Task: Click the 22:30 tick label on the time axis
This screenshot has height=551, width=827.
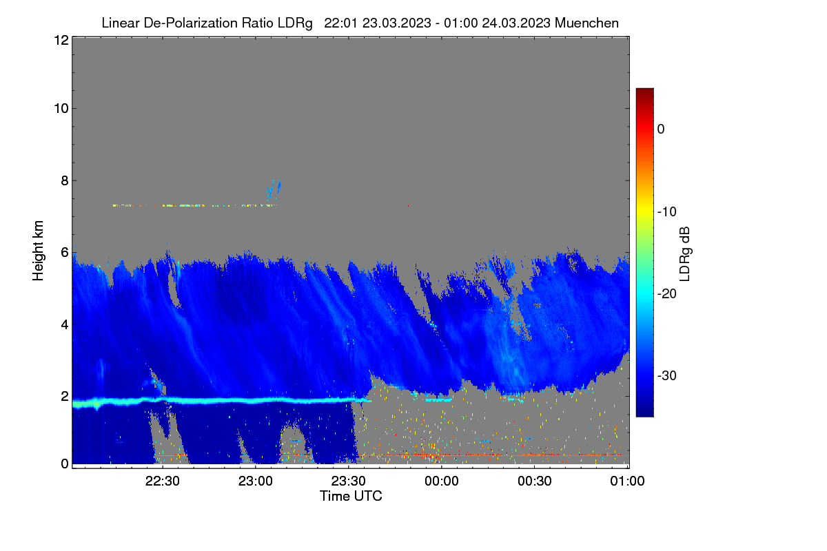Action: (162, 481)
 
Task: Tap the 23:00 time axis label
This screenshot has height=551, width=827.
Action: (255, 481)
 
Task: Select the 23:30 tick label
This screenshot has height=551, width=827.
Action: (348, 481)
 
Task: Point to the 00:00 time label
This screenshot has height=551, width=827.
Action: (442, 481)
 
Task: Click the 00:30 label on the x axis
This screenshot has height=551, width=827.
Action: (535, 481)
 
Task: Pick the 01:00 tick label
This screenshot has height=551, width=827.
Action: (627, 481)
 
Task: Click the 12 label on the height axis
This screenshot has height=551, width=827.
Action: (61, 40)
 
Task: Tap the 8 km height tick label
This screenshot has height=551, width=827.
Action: (65, 180)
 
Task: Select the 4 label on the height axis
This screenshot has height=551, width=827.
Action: (65, 325)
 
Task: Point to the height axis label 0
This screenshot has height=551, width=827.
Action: (65, 464)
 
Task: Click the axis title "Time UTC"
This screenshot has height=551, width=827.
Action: (351, 496)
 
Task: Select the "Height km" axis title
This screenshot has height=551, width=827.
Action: (38, 251)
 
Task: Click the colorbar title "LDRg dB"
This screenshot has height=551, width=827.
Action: (685, 254)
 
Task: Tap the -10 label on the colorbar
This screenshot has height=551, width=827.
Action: (667, 212)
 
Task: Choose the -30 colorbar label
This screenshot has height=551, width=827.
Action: (667, 375)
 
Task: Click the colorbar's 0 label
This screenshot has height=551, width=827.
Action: (661, 129)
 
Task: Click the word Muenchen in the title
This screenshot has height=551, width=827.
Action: (586, 23)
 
